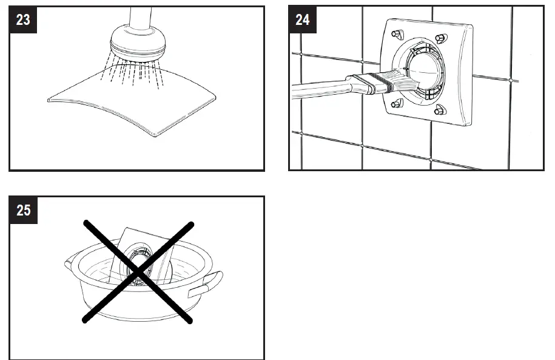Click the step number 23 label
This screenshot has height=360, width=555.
pyautogui.click(x=23, y=19)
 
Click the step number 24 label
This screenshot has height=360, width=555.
pyautogui.click(x=302, y=19)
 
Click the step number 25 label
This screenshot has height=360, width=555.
pyautogui.click(x=23, y=210)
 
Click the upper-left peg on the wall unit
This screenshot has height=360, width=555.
pyautogui.click(x=397, y=33)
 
